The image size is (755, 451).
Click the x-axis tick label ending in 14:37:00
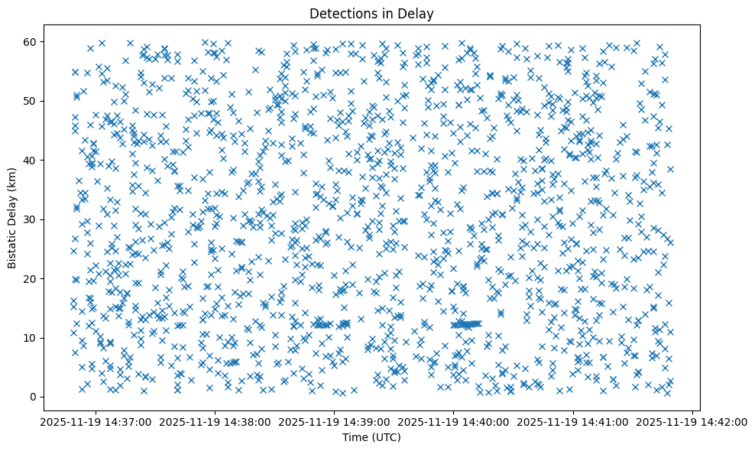tap(96, 421)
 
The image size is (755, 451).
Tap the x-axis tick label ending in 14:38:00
tap(215, 421)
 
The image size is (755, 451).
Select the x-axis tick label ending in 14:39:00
tap(334, 421)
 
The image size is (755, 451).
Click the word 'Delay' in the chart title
tap(417, 13)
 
